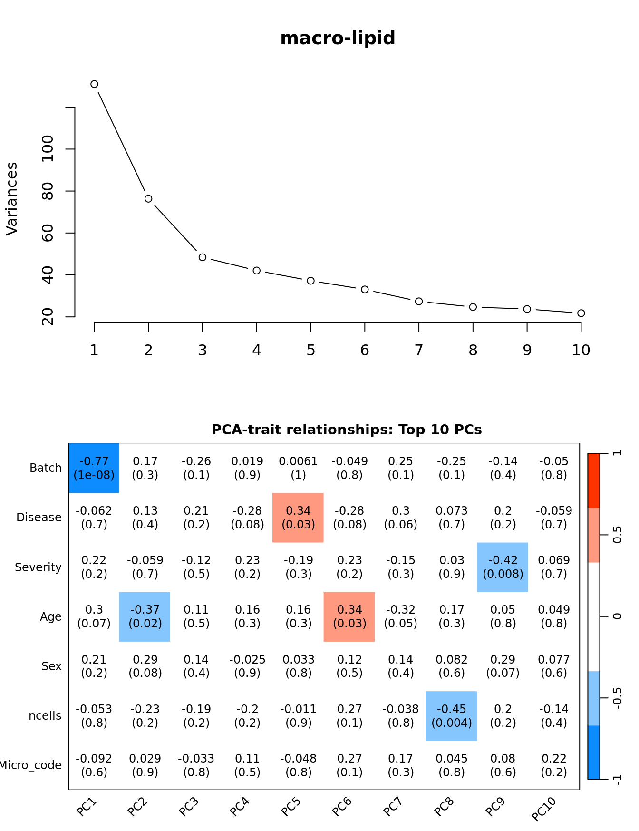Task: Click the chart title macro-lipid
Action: (x=338, y=38)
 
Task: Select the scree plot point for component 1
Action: (x=94, y=84)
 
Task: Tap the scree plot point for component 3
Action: (x=203, y=257)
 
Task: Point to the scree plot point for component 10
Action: (x=581, y=313)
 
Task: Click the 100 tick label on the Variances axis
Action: (x=48, y=148)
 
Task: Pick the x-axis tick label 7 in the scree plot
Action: (x=419, y=351)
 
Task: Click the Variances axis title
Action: (x=11, y=199)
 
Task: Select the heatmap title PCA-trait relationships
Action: (x=347, y=430)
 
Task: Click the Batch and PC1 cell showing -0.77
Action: (x=94, y=468)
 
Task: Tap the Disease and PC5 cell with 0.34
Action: (x=298, y=518)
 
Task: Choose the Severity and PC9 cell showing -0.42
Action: (x=503, y=567)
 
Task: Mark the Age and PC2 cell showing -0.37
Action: (x=145, y=616)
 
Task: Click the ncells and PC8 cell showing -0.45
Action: (x=452, y=716)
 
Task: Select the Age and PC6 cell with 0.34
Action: (x=349, y=616)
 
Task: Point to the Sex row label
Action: (x=51, y=666)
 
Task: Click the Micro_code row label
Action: (x=30, y=765)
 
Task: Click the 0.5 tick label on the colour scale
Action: (x=617, y=535)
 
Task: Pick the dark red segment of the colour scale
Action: (x=594, y=480)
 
